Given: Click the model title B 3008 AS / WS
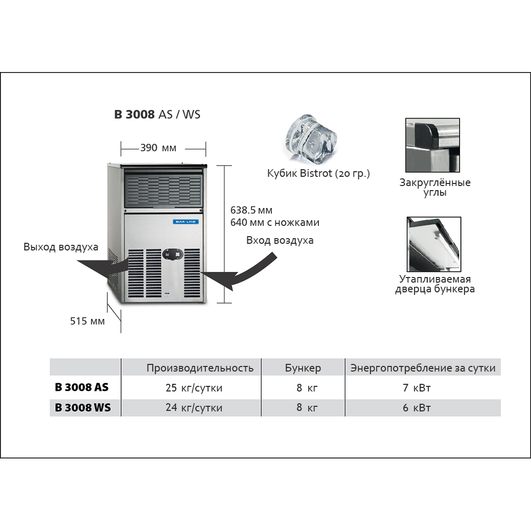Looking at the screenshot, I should [x=157, y=114].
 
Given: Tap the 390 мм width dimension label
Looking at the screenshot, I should [x=158, y=148].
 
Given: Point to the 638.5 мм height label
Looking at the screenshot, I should [x=251, y=210].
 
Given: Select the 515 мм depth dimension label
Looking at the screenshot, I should [x=87, y=321].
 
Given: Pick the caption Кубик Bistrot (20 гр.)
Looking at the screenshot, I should [x=318, y=174].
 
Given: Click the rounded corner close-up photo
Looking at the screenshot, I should [x=432, y=145].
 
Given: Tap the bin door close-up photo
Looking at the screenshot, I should [x=433, y=244].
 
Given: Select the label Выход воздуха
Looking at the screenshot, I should [x=61, y=247].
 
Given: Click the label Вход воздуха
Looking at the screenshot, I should [x=280, y=240].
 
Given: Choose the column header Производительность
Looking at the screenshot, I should [x=200, y=368].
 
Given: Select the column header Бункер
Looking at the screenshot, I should [x=303, y=368].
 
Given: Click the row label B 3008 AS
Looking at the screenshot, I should [x=82, y=387].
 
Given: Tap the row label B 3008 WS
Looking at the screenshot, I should [x=83, y=408].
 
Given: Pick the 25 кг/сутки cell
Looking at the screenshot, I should [x=194, y=388].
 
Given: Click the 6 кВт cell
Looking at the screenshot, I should [x=417, y=408].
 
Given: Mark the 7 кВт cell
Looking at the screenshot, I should [x=417, y=388].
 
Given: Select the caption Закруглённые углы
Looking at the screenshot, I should [x=434, y=188].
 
